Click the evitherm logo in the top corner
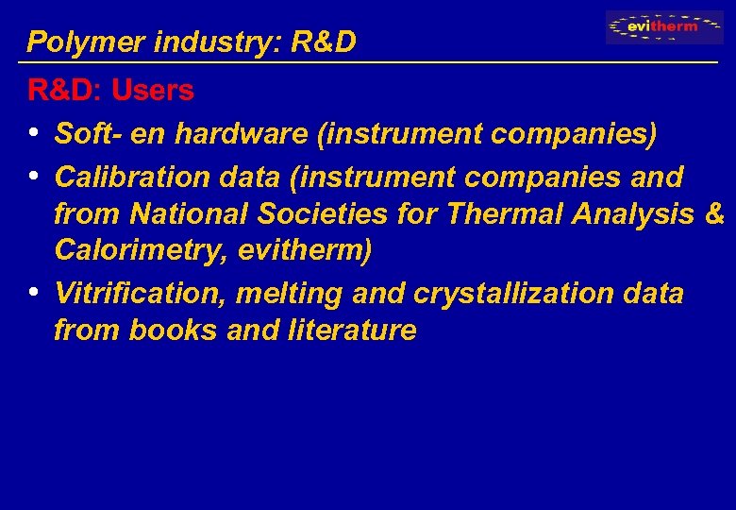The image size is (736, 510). tap(664, 27)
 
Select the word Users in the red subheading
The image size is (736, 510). tap(152, 91)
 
